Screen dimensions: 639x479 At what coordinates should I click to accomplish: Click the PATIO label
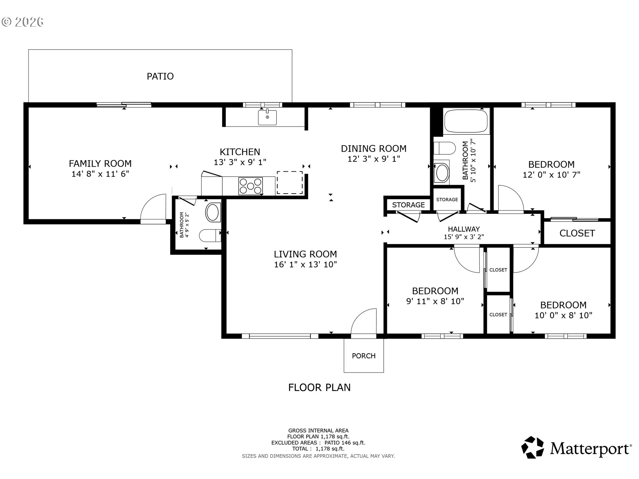(160, 76)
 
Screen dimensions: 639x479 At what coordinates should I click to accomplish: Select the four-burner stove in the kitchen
(251, 186)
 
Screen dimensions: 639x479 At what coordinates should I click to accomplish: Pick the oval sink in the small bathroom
(213, 212)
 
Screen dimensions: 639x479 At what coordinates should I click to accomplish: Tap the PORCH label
(364, 356)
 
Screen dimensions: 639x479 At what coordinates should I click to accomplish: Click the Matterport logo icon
(532, 447)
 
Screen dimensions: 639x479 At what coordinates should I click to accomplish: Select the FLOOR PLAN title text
(319, 388)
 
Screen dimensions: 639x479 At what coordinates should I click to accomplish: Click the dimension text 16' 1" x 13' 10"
(306, 264)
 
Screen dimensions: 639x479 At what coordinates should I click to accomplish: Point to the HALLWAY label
(464, 229)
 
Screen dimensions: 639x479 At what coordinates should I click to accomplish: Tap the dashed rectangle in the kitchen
(290, 182)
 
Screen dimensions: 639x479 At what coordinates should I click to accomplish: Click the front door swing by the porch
(361, 319)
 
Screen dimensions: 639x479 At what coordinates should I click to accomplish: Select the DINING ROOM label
(374, 149)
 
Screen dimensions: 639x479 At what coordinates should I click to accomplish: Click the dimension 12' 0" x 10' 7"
(551, 175)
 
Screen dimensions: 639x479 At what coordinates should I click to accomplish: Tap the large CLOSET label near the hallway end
(577, 233)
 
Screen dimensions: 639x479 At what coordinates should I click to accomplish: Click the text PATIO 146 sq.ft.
(345, 443)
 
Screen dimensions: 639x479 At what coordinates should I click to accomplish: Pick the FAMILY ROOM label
(100, 164)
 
